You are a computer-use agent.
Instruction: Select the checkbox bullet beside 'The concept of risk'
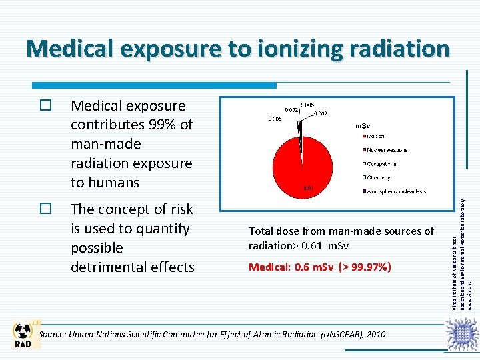coord(45,209)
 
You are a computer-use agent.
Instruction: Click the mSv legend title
coord(363,125)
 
